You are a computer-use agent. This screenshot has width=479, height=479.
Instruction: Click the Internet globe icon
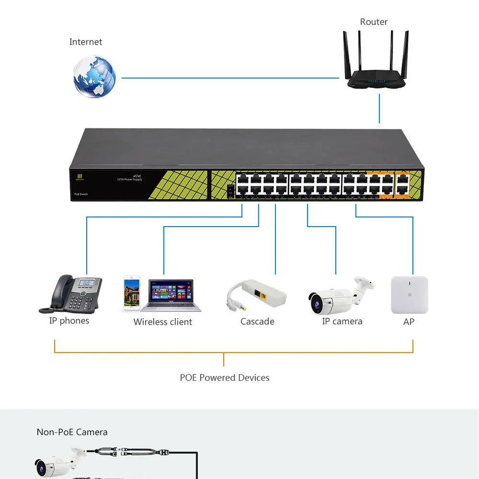click(94, 77)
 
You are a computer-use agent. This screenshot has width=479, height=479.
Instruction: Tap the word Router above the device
click(374, 22)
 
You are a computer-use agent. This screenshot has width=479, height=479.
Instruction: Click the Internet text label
click(86, 42)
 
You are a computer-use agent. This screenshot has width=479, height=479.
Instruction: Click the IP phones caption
click(69, 321)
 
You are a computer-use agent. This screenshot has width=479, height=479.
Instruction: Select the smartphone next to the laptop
click(131, 292)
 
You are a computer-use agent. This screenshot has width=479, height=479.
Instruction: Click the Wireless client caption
click(162, 322)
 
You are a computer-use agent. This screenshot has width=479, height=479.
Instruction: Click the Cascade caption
click(257, 321)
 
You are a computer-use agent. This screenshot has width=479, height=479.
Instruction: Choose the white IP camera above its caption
click(341, 295)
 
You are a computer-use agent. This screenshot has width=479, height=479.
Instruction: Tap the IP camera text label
click(342, 321)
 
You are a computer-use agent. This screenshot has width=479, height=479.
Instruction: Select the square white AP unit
click(409, 295)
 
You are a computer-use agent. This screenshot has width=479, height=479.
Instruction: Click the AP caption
click(409, 322)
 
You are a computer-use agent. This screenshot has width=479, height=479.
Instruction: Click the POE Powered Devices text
click(225, 378)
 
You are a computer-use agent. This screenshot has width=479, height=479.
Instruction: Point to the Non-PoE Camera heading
click(72, 432)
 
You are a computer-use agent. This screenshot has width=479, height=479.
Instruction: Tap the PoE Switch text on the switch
click(81, 194)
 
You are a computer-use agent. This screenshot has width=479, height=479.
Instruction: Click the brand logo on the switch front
click(80, 177)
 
